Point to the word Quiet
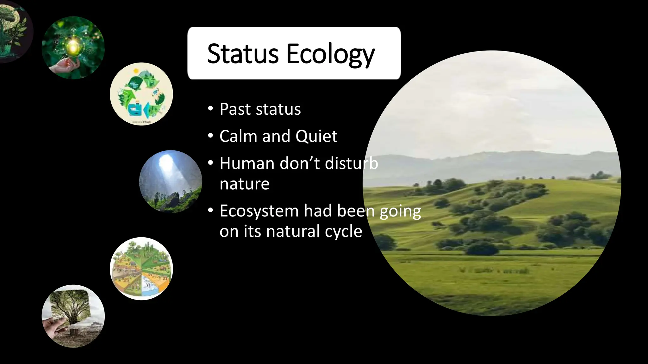point(316,136)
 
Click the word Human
point(247,164)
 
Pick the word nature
point(244,184)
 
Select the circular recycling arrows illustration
point(141,94)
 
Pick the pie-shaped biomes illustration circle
point(141,269)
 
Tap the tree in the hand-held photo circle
point(70,306)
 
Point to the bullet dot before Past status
point(211,109)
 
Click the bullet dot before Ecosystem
point(211,211)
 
